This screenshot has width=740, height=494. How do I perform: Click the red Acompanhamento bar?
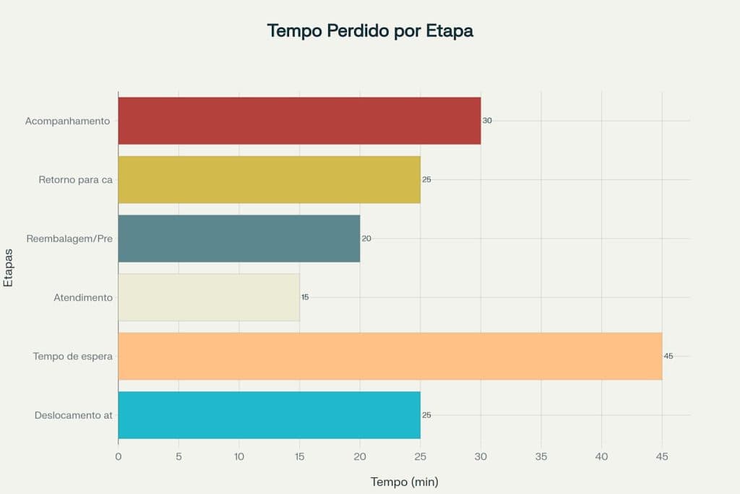click(299, 121)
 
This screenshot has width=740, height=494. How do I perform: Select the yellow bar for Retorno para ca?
click(269, 179)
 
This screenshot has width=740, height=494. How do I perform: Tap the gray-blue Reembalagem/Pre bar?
click(238, 238)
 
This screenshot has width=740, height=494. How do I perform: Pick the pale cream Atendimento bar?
click(208, 297)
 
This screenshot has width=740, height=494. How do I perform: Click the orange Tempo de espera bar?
click(390, 356)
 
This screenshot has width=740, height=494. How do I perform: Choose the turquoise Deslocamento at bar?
click(269, 415)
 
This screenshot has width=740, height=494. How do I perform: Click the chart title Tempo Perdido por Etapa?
click(370, 31)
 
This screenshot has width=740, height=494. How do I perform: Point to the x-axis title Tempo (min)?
click(404, 482)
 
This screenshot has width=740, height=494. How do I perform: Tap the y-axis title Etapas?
click(9, 268)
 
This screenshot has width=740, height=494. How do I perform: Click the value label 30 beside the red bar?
click(487, 121)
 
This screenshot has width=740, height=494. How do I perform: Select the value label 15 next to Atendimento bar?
click(305, 297)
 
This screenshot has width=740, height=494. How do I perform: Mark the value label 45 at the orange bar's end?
click(668, 356)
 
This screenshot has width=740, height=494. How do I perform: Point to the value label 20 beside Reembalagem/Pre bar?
click(366, 238)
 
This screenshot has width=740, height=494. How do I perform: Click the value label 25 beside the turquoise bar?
click(426, 415)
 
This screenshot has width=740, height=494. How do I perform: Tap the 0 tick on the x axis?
click(119, 456)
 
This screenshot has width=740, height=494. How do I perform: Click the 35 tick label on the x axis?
click(541, 456)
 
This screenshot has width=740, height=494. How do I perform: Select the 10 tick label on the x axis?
click(239, 456)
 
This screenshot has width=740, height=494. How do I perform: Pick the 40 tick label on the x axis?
click(602, 456)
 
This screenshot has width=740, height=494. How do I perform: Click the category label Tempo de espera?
click(72, 356)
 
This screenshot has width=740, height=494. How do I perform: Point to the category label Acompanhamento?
click(67, 121)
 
